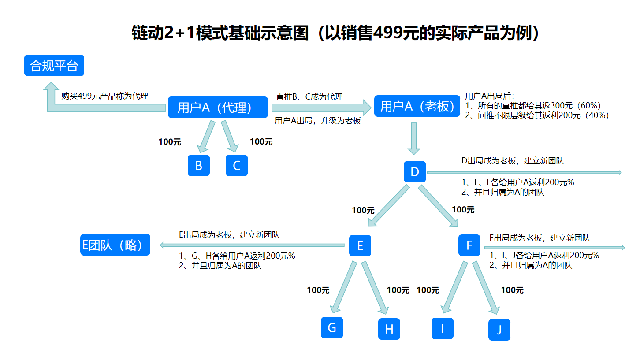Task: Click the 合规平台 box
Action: coord(54,66)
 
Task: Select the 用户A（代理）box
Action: coord(218,107)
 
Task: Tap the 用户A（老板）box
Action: coord(417,106)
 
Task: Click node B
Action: coord(199,165)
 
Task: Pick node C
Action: coord(237,165)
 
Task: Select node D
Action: coord(415,171)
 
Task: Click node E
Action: coord(360,245)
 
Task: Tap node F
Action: coord(469,245)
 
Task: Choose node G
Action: coord(332,327)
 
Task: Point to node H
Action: coord(389,329)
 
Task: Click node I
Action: coord(442,328)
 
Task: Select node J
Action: coord(499,330)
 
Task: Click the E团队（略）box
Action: coord(115,245)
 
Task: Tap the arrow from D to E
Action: coord(388,206)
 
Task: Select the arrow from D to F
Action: coord(439,206)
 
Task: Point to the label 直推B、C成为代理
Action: coord(309,96)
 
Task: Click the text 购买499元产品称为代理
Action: coord(105,96)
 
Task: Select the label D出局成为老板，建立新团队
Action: coord(513,161)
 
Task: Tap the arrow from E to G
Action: coord(343,289)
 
